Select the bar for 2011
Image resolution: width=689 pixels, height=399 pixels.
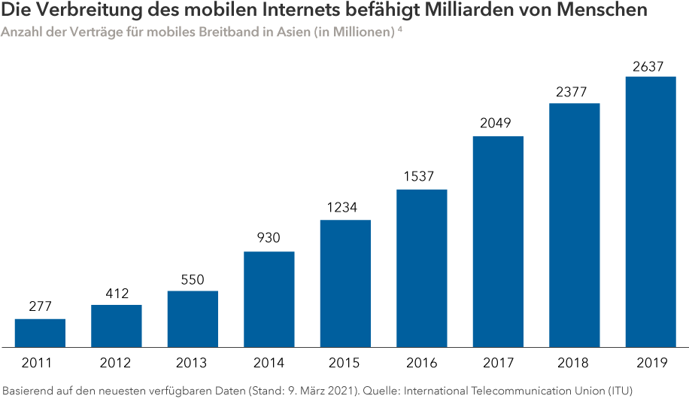point(40,333)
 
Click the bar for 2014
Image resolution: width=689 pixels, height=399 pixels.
point(269,299)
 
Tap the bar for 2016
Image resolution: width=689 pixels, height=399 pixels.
point(421,268)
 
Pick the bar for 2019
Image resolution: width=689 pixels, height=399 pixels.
point(650,212)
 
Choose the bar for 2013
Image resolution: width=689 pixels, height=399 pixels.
point(193,318)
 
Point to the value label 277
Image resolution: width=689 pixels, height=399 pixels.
point(40,308)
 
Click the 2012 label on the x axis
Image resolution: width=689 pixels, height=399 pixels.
point(116,363)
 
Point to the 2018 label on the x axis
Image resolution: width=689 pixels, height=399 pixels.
point(574,363)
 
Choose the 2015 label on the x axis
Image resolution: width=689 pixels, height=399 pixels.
point(345,363)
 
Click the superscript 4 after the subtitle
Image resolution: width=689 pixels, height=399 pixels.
point(400,30)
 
